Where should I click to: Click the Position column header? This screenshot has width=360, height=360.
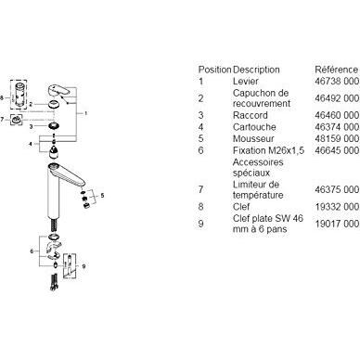pos(214,70)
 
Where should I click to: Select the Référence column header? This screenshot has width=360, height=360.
pos(337,70)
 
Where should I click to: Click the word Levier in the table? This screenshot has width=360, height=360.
pos(245,82)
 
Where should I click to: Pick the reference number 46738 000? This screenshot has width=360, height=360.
pos(337,82)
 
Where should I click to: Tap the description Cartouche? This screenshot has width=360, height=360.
pos(254,127)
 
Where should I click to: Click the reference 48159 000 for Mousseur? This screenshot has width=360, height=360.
pos(337,138)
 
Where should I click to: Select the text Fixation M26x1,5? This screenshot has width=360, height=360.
pos(268,150)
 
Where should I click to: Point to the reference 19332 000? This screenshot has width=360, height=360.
pos(337,207)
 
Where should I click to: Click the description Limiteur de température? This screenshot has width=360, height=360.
pos(258,189)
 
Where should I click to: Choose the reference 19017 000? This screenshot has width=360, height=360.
pos(337,224)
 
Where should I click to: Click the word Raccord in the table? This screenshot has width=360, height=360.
pos(250,115)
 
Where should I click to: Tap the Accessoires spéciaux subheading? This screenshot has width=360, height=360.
pos(258,167)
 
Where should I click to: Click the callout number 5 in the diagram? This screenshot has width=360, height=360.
pos(102,196)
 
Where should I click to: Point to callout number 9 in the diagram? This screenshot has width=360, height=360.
pos(84,266)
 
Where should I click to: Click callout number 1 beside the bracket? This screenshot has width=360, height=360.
pos(85,113)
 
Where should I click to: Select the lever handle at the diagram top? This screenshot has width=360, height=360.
pos(58,90)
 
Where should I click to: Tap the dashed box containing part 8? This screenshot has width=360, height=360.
pos(19,95)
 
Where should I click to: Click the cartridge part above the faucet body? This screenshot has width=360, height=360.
pos(54,152)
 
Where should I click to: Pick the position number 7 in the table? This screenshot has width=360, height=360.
pos(201,189)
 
